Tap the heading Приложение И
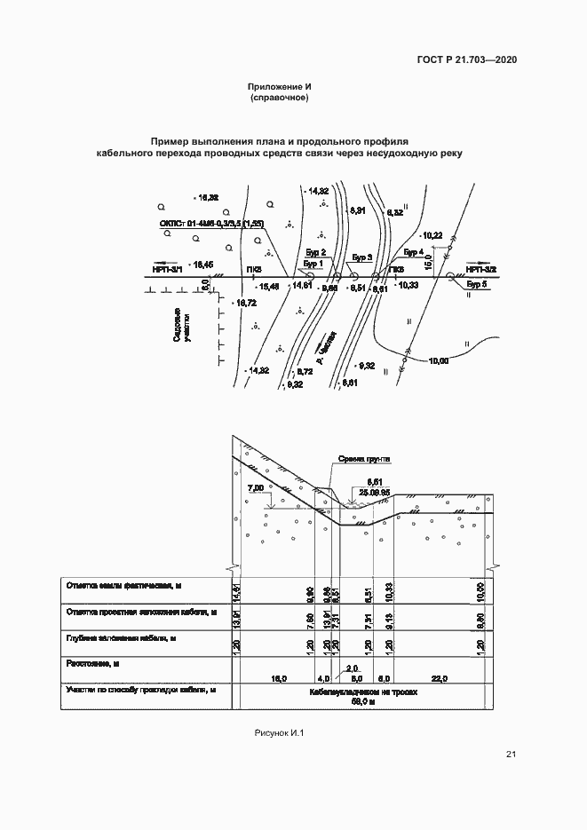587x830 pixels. pyautogui.click(x=280, y=87)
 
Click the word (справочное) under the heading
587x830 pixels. pyautogui.click(x=280, y=98)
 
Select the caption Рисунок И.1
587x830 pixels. pyautogui.click(x=280, y=733)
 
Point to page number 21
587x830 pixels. pyautogui.click(x=511, y=755)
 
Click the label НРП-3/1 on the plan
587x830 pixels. pyautogui.click(x=168, y=267)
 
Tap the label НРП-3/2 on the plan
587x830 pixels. pyautogui.click(x=480, y=267)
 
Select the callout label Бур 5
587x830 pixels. pyautogui.click(x=477, y=285)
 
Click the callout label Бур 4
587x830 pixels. pyautogui.click(x=415, y=254)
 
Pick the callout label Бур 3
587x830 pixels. pyautogui.click(x=361, y=257)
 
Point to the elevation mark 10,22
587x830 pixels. pyautogui.click(x=433, y=235)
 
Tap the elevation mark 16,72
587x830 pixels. pyautogui.click(x=245, y=304)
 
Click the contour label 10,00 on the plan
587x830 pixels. pyautogui.click(x=438, y=360)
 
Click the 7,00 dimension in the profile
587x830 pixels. pyautogui.click(x=257, y=488)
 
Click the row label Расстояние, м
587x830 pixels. pyautogui.click(x=93, y=663)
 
